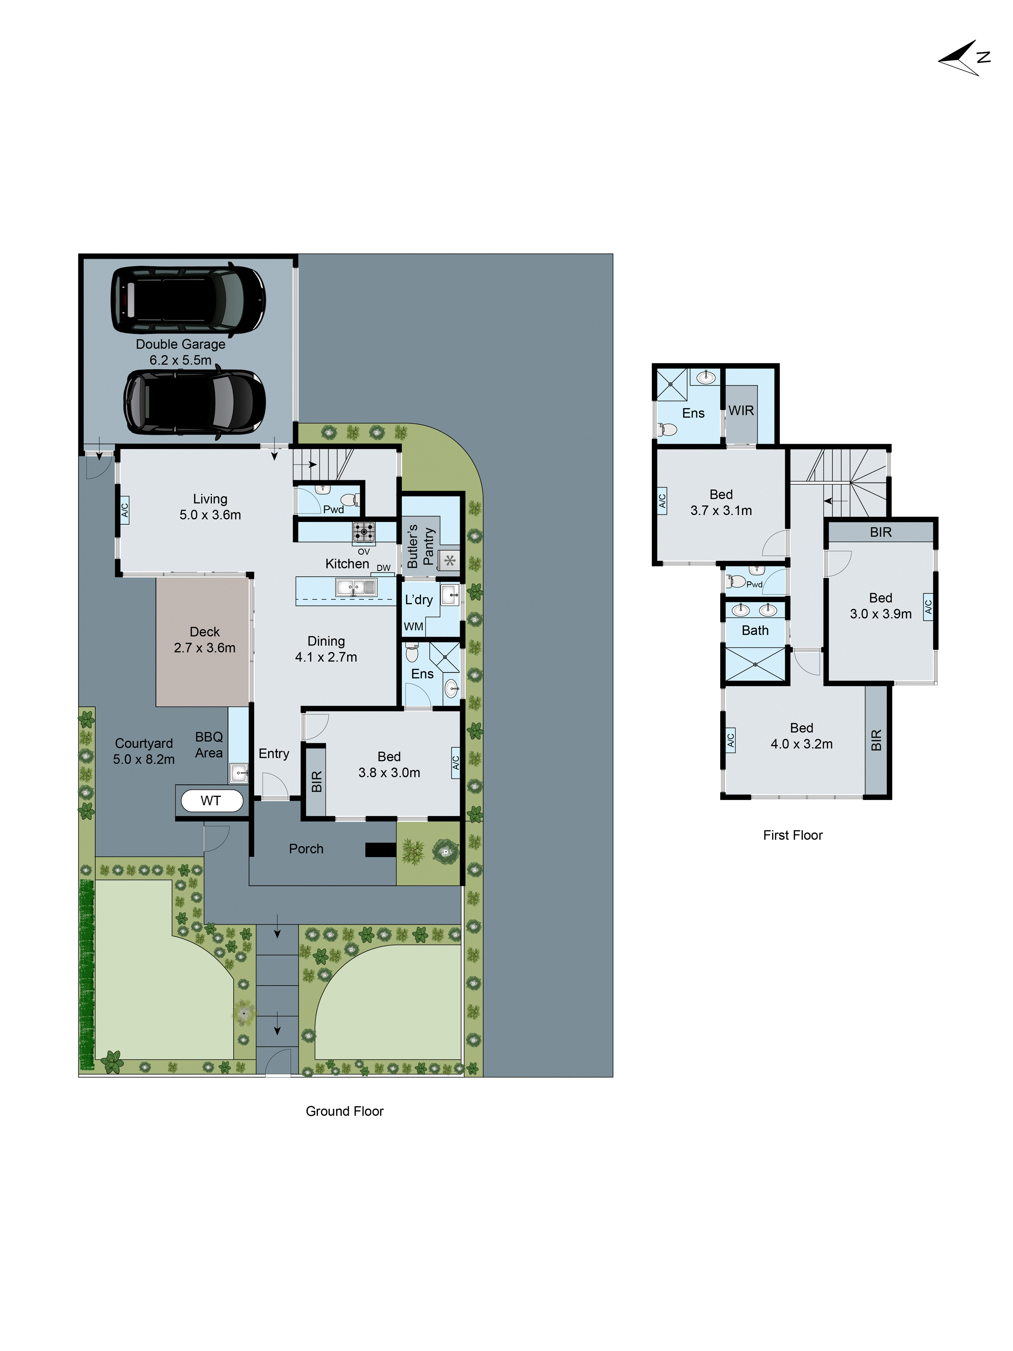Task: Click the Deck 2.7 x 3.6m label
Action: (205, 640)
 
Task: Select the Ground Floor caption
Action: (344, 1111)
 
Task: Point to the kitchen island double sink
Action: (356, 587)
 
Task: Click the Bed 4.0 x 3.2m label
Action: (801, 736)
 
